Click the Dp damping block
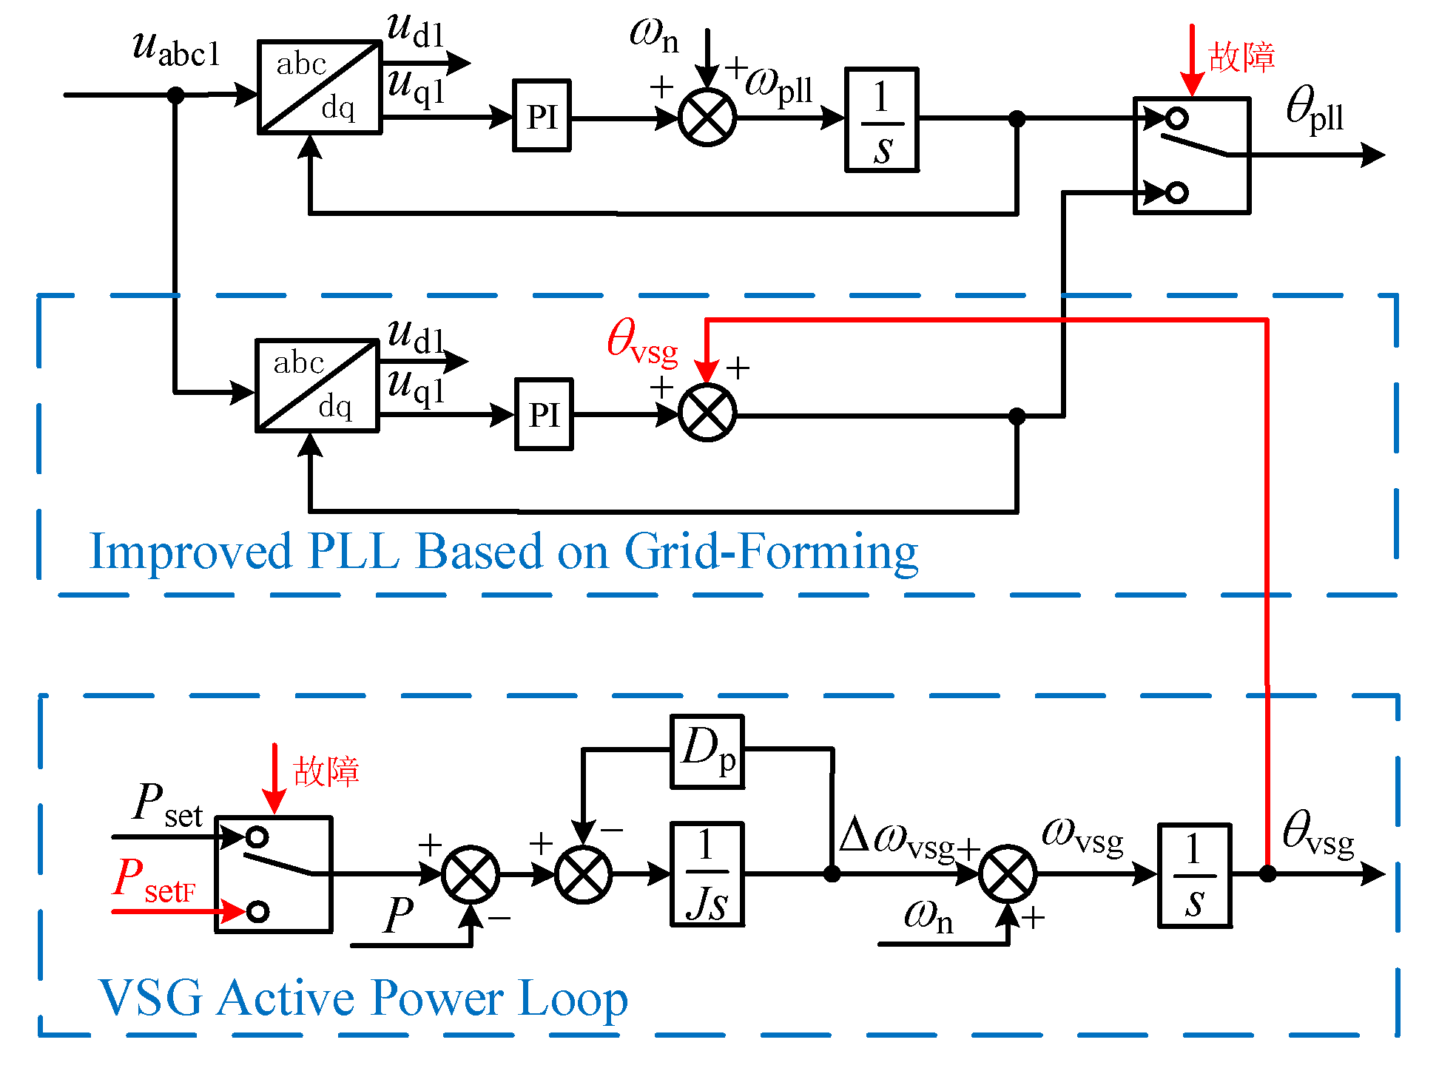click(707, 751)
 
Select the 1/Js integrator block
click(707, 874)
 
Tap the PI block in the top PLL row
click(542, 116)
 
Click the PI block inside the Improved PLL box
click(544, 414)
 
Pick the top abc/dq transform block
click(320, 87)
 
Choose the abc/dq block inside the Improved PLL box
click(317, 385)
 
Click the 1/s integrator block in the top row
click(882, 120)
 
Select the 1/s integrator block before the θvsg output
click(1194, 875)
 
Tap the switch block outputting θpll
click(1192, 155)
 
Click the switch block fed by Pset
click(273, 874)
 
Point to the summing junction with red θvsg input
click(707, 413)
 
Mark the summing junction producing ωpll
click(707, 118)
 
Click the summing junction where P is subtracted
click(471, 874)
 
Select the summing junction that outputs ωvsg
click(1008, 874)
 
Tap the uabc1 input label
click(176, 49)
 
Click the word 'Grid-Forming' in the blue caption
click(771, 552)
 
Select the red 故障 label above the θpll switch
click(1241, 57)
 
